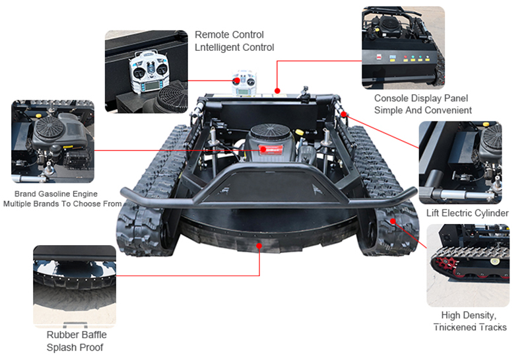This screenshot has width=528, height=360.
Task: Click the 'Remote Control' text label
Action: tap(229, 35)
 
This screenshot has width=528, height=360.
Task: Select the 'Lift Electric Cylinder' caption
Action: tap(467, 213)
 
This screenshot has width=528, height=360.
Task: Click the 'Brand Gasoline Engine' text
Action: tap(56, 194)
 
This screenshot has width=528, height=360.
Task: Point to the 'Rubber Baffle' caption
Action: tap(76, 335)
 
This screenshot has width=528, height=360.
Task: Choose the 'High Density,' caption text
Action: tap(469, 316)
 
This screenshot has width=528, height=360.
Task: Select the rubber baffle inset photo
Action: tap(75, 286)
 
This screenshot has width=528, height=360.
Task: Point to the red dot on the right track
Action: tap(393, 221)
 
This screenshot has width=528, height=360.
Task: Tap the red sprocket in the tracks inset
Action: tap(444, 264)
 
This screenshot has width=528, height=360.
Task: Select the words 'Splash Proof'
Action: tap(75, 347)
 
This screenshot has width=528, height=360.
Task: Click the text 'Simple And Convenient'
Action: tap(423, 110)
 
